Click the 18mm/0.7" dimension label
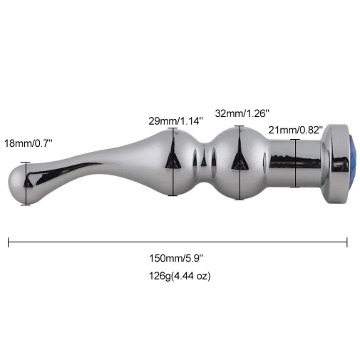point(28,143)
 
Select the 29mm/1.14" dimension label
point(175,121)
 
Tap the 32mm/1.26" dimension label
point(242,113)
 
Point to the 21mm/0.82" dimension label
point(295,130)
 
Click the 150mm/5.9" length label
point(176,258)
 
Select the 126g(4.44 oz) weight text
point(180,276)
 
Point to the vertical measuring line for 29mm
point(173,162)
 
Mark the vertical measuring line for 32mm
point(240,163)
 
